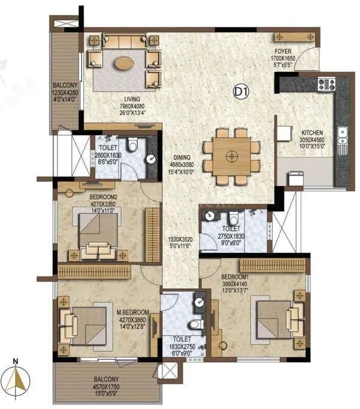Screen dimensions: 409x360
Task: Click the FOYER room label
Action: tap(283, 52)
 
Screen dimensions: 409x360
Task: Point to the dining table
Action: tap(231, 156)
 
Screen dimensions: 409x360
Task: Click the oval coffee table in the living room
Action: tap(124, 62)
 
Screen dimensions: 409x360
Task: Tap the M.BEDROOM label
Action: tap(129, 313)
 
